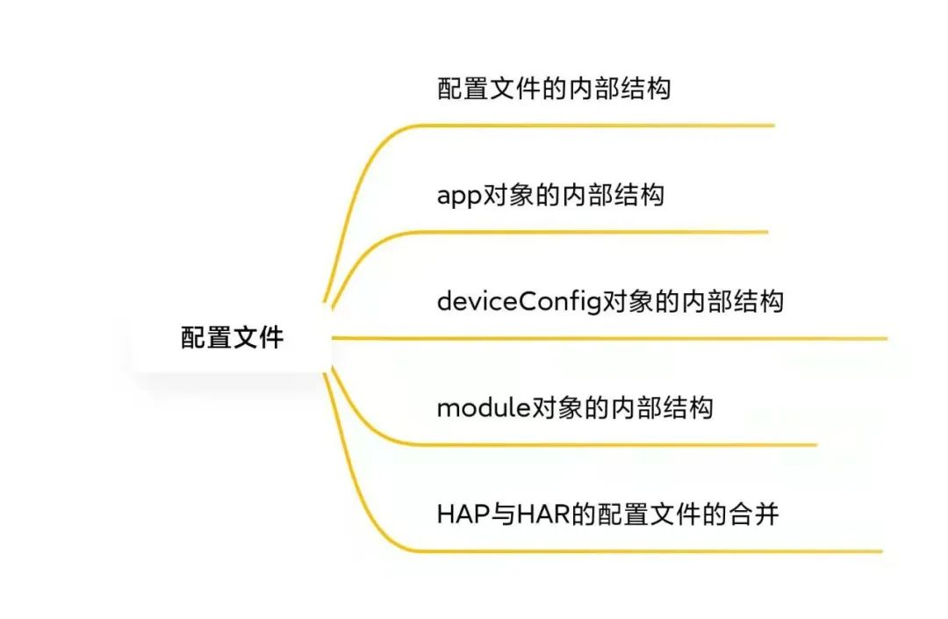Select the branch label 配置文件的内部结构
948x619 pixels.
tap(553, 89)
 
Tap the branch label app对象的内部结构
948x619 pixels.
tap(550, 194)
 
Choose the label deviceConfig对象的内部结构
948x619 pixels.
tap(610, 301)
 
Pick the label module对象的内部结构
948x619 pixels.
tap(575, 407)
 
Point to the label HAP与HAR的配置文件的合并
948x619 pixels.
tap(607, 514)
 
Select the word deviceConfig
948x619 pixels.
tap(519, 302)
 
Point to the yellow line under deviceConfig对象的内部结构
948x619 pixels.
tap(614, 338)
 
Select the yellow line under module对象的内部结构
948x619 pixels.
tap(614, 444)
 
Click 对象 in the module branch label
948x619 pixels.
tap(557, 407)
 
